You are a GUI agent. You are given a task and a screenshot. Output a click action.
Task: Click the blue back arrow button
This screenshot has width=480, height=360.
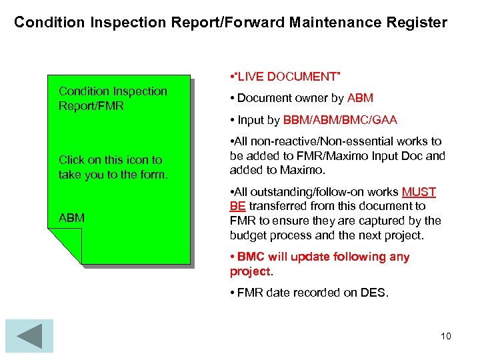[x=29, y=336]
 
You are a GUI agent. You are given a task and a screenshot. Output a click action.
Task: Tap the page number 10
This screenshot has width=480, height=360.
[x=445, y=336]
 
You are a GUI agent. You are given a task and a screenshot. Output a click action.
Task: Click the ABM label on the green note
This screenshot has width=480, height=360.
[x=71, y=218]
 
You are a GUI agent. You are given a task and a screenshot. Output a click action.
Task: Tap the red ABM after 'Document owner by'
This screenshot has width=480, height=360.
[x=360, y=98]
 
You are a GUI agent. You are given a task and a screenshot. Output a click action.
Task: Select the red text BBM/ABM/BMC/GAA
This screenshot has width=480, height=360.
[x=340, y=120]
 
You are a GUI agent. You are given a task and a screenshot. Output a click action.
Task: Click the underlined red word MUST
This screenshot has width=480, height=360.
[x=419, y=192]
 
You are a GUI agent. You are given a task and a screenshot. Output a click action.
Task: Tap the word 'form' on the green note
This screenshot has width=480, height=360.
[x=151, y=175]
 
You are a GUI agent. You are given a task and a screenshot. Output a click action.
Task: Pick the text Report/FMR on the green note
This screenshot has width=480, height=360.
[x=91, y=106]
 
